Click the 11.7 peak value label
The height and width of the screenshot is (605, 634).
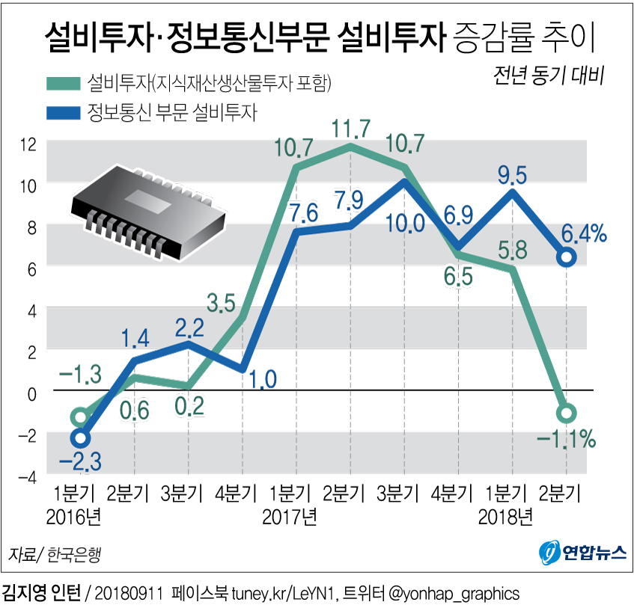point(350,129)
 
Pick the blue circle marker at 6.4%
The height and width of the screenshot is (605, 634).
point(567,257)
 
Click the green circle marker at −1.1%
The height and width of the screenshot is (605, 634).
point(567,412)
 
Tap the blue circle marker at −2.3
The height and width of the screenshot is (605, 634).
point(80,437)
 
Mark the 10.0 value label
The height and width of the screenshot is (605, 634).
point(404,222)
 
